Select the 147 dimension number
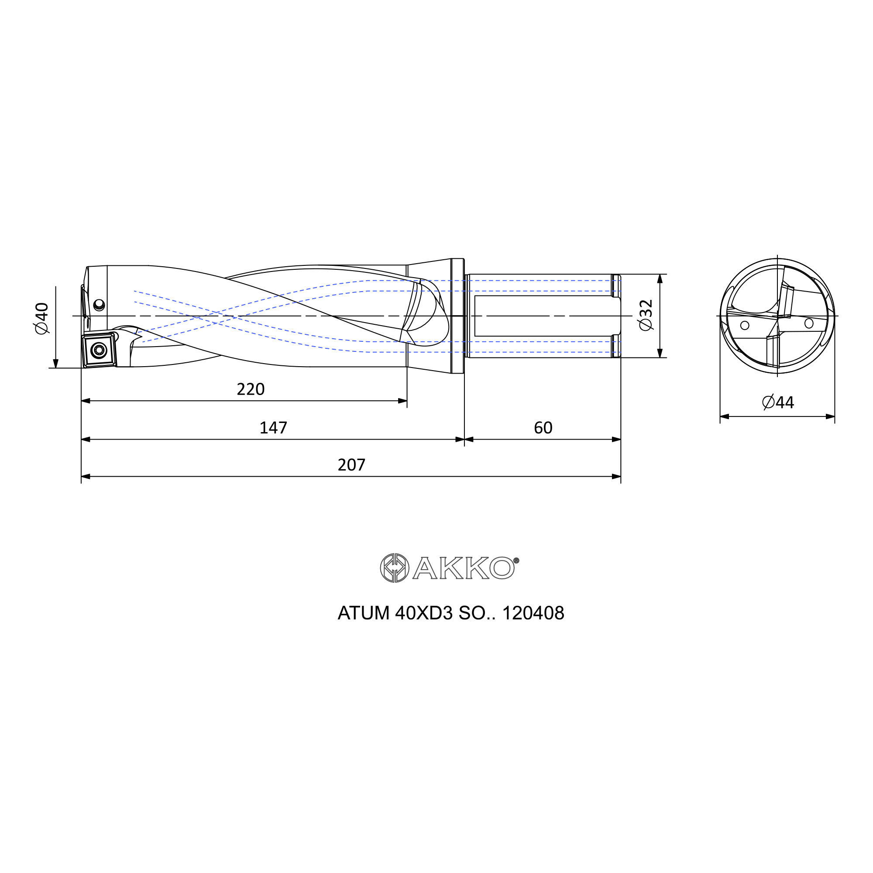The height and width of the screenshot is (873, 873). (x=273, y=428)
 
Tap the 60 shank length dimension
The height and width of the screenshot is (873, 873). (x=543, y=428)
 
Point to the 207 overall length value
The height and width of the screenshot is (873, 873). (x=351, y=465)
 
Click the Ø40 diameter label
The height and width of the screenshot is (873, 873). (x=41, y=319)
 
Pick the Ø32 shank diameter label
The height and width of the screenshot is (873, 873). (x=646, y=315)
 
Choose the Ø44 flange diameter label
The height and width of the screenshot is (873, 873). (x=778, y=402)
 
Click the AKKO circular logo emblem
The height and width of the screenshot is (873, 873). (x=395, y=568)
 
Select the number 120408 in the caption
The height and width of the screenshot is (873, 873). (x=533, y=613)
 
